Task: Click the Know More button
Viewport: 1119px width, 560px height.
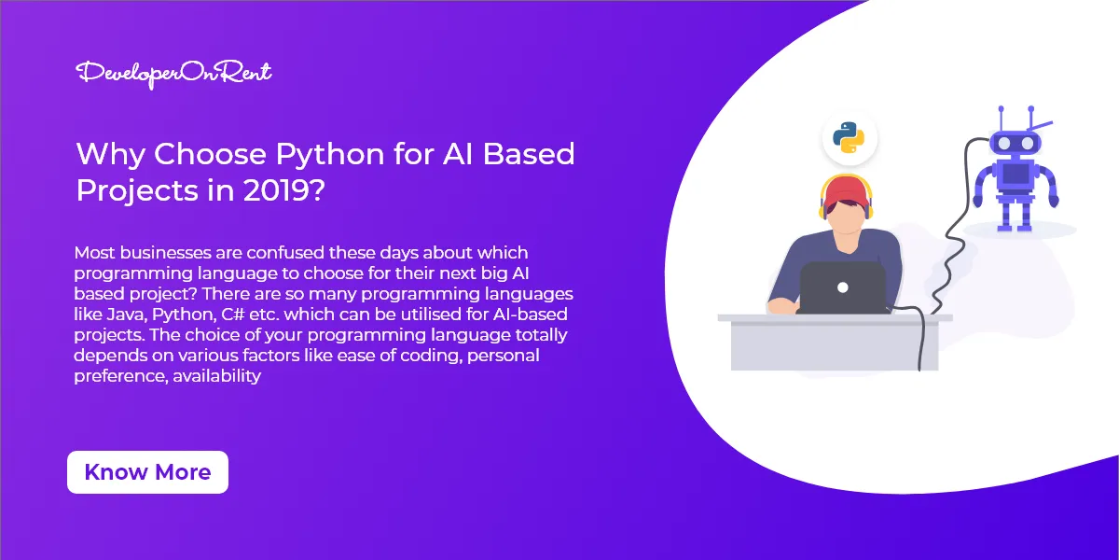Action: point(147,472)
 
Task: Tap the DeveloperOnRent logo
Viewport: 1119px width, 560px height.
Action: point(173,73)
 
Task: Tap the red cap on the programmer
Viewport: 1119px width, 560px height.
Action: point(845,190)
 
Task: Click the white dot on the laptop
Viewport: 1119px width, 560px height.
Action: point(842,287)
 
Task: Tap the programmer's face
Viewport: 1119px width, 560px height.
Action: point(844,222)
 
